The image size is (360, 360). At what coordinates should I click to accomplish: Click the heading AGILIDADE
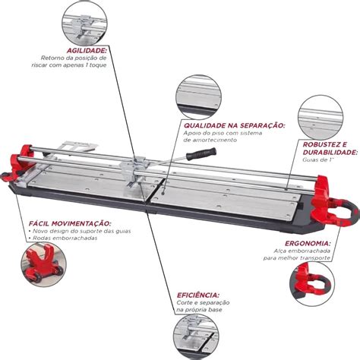(87, 50)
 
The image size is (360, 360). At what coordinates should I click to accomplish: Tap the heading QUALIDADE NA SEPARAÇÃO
(235, 125)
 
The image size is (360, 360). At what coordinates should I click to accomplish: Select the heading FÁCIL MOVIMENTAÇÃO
(70, 223)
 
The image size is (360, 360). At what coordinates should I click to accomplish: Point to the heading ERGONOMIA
(308, 244)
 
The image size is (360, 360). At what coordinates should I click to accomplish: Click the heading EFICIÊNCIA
(198, 295)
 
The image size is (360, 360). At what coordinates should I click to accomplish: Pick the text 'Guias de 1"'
(318, 160)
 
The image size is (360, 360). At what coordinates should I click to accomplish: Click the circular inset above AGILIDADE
(84, 24)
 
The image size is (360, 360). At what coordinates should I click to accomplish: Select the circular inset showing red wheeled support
(43, 264)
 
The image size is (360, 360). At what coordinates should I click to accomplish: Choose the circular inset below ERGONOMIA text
(311, 284)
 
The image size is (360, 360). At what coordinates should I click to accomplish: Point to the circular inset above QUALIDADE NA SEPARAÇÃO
(198, 97)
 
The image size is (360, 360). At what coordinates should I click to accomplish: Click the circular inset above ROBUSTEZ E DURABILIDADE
(321, 118)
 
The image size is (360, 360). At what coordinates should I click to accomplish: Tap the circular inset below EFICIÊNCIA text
(197, 337)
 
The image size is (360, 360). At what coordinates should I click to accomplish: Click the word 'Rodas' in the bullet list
(41, 238)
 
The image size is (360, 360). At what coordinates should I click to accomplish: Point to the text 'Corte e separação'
(203, 302)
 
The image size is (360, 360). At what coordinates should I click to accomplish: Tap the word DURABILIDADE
(330, 153)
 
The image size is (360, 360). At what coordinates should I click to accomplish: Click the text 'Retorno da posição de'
(74, 58)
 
